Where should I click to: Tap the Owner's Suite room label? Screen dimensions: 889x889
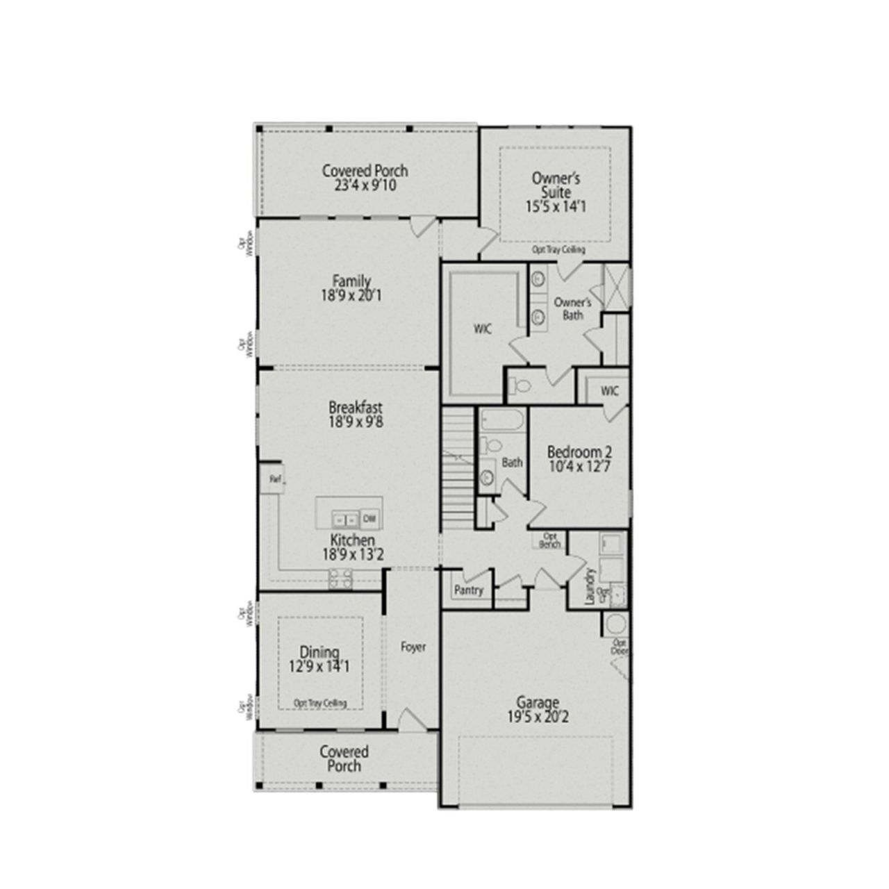click(x=556, y=185)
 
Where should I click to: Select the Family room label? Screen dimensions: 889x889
click(x=351, y=282)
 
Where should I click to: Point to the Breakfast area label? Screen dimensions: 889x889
click(x=356, y=408)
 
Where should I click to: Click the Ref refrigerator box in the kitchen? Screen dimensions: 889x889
click(x=274, y=479)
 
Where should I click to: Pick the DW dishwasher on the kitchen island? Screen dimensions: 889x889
click(x=370, y=518)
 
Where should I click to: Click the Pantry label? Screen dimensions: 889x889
click(x=469, y=590)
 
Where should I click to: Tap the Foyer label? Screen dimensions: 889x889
click(x=413, y=647)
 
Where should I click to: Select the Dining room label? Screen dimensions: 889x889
click(x=319, y=652)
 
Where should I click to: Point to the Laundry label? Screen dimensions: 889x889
click(x=590, y=586)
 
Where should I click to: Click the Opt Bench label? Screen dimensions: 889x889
click(x=550, y=540)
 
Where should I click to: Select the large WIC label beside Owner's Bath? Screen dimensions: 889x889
click(x=482, y=329)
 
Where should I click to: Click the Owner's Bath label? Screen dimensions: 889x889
click(x=572, y=309)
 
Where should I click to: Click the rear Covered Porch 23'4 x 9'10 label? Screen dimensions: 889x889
click(x=365, y=178)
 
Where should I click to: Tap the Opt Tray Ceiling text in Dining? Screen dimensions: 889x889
click(x=320, y=703)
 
